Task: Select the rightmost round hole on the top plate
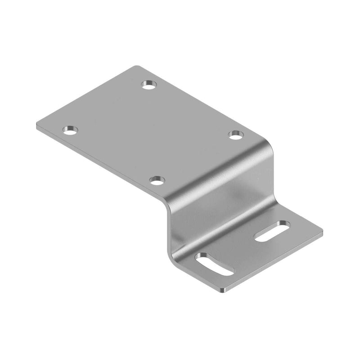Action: tap(235, 134)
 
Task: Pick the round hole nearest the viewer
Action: tap(157, 181)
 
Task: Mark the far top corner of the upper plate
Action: tap(136, 67)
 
